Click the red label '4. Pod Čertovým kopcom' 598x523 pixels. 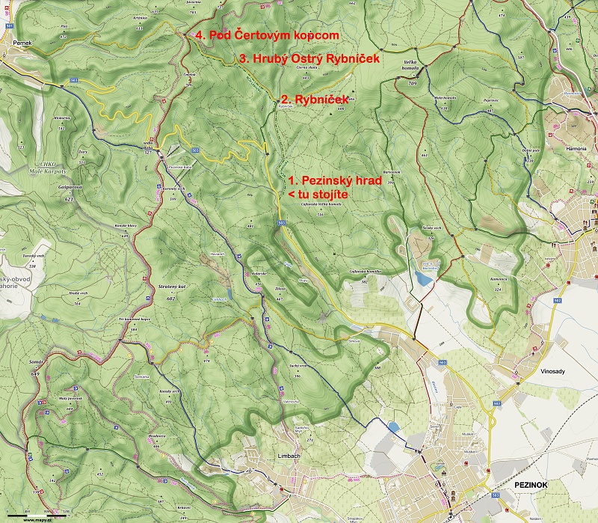pos(267,35)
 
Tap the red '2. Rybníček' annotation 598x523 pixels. pos(314,98)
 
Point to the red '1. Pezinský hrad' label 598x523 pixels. pos(335,181)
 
